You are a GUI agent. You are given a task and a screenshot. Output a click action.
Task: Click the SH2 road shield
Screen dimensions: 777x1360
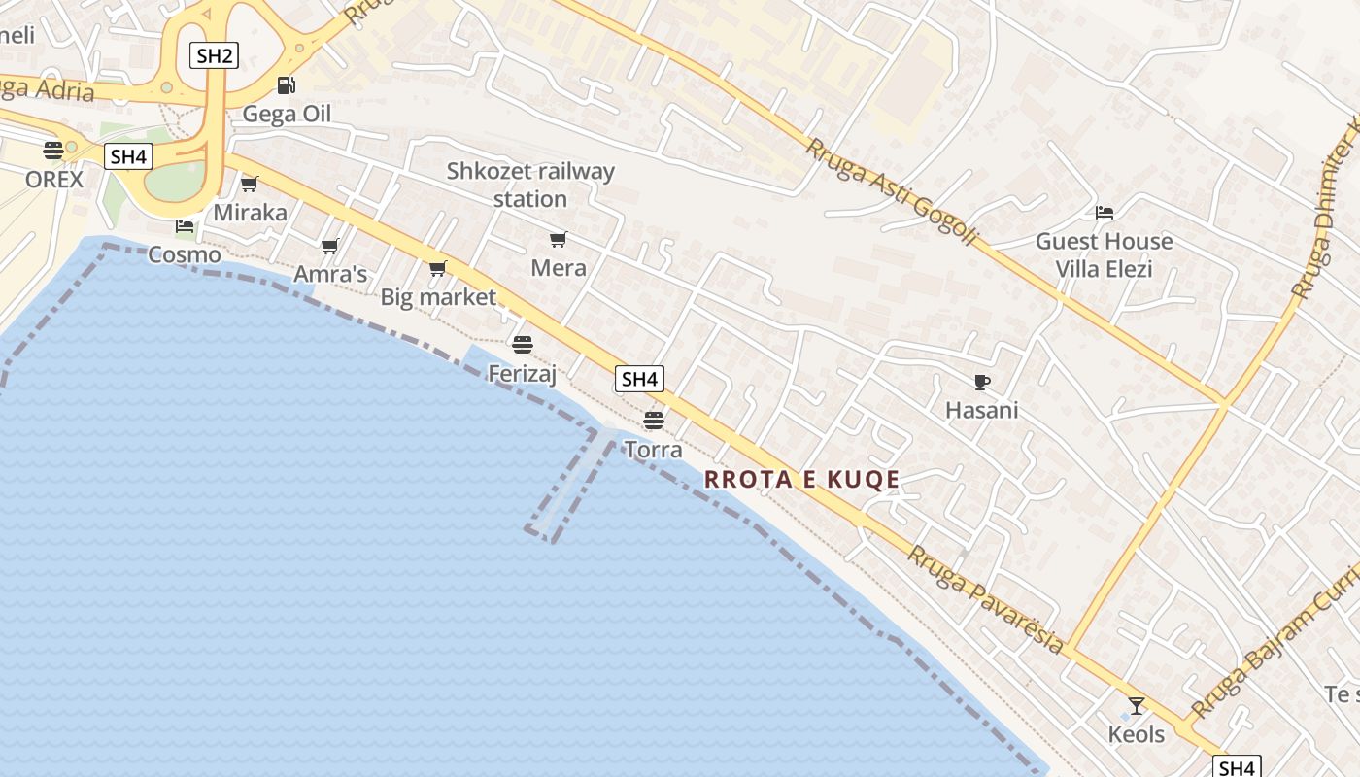[x=214, y=55]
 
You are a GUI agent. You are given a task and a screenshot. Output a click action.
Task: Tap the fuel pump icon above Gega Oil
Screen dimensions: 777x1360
[x=286, y=85]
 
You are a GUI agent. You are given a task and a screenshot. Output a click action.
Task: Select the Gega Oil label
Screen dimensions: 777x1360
[x=287, y=114]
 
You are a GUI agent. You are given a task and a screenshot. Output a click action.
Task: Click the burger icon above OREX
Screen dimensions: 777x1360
[x=53, y=151]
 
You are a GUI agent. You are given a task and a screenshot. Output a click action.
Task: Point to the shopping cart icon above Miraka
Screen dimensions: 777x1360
[x=250, y=184]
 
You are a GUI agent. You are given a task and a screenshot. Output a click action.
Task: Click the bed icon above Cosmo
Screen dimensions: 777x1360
[x=184, y=226]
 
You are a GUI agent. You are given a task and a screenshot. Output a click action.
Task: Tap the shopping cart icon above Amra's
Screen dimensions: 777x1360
[x=330, y=247]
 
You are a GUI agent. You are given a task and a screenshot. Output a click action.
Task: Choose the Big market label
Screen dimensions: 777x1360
[x=438, y=297]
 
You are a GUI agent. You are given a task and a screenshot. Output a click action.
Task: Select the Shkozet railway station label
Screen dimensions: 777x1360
[x=530, y=185]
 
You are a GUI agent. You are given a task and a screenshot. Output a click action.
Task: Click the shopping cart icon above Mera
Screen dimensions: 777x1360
[x=558, y=239]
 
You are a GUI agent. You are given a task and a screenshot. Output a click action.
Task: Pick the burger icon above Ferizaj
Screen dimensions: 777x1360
[x=523, y=344]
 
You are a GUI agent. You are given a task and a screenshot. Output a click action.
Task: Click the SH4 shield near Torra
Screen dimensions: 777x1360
[x=639, y=379]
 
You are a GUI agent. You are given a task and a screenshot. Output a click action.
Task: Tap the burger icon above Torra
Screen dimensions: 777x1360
[x=653, y=421]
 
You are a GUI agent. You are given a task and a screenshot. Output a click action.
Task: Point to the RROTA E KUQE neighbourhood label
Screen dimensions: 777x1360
[x=801, y=479]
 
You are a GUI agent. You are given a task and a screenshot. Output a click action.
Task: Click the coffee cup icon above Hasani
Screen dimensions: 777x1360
[x=981, y=382]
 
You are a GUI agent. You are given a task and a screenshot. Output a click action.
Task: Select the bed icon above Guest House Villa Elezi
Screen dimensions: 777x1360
[x=1104, y=213]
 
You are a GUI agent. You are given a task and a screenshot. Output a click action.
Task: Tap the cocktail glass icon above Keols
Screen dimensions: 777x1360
[x=1136, y=706]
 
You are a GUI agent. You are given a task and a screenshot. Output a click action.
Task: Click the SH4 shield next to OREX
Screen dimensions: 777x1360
[x=129, y=156]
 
